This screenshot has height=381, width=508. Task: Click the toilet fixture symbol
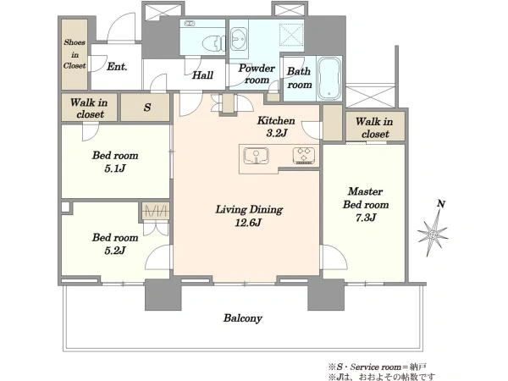[x=213, y=43]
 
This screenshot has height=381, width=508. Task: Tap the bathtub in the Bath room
[x=329, y=78]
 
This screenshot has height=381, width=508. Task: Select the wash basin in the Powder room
[x=239, y=39]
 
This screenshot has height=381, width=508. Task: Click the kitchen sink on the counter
[x=256, y=156]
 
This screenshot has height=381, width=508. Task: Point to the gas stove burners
[x=304, y=156]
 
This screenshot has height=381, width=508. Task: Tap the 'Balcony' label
[x=243, y=318]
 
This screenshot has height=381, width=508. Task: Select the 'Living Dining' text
[x=249, y=210]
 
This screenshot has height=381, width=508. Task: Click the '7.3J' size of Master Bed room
[x=366, y=218]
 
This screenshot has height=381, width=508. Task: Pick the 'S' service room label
[x=147, y=108]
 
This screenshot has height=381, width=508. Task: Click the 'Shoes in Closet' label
[x=75, y=54]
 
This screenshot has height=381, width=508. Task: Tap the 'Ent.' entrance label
[x=117, y=67]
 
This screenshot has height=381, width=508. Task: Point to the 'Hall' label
[x=202, y=75]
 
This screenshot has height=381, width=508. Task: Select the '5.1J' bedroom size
[x=115, y=168]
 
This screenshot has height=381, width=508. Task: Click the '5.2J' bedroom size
[x=115, y=251]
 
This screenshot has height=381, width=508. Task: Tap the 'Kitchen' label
[x=276, y=121]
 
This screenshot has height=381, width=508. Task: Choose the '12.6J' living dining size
[x=248, y=223]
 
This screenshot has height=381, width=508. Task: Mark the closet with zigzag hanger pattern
[x=156, y=211]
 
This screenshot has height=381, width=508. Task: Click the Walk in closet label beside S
[x=89, y=108]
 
